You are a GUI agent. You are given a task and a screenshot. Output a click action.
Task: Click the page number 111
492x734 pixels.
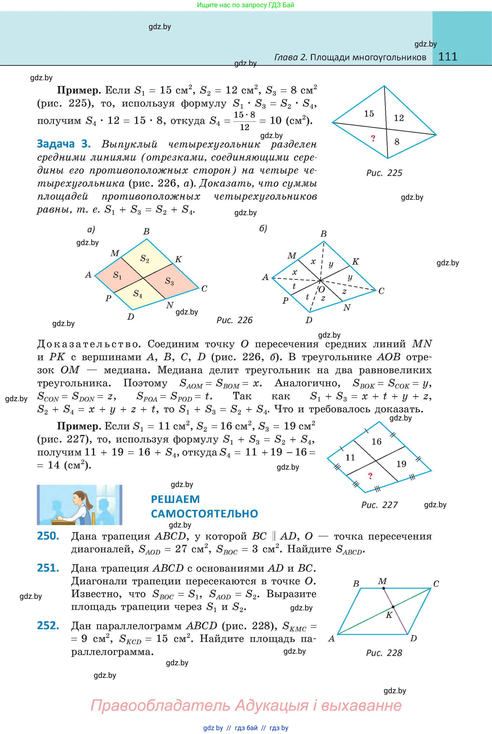[447, 57]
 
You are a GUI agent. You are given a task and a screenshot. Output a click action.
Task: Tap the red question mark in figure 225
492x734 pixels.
[373, 138]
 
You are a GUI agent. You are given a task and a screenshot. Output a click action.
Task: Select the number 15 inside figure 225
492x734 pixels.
[369, 114]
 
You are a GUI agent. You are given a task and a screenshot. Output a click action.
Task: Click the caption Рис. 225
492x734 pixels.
[384, 173]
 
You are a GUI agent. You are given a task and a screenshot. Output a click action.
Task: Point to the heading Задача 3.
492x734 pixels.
[64, 144]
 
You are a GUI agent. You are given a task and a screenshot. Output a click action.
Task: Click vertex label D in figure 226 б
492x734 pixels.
[309, 320]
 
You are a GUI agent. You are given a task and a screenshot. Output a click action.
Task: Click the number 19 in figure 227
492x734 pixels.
[401, 464]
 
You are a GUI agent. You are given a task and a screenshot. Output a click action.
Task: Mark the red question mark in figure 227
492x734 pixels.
[370, 476]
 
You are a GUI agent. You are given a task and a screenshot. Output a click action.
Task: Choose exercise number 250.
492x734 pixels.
[48, 536]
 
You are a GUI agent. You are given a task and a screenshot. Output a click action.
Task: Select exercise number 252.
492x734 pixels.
[48, 626]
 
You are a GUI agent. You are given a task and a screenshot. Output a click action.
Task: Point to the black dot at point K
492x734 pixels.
[393, 607]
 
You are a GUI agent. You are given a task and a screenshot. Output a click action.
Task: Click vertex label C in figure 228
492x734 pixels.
[436, 584]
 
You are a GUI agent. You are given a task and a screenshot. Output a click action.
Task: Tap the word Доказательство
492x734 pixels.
[88, 344]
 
